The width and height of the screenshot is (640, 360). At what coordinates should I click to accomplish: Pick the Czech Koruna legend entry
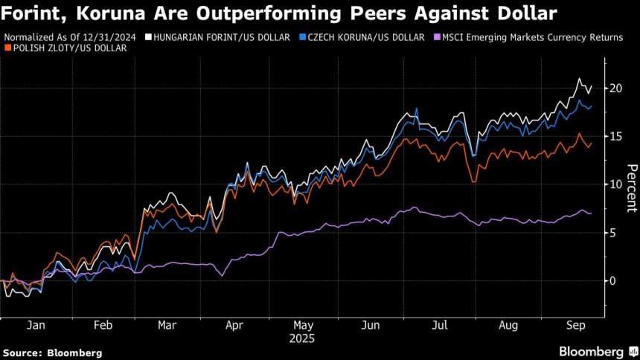[x=365, y=36]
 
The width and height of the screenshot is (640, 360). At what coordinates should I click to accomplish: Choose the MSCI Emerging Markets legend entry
[x=532, y=36]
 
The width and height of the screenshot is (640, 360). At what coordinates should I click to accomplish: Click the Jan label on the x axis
[x=35, y=325]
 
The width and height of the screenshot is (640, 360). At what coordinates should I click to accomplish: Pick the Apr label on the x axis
[x=234, y=325]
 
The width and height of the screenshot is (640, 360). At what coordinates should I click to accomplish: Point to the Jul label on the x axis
[x=441, y=325]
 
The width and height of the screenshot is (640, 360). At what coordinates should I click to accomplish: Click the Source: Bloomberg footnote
[x=52, y=353]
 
